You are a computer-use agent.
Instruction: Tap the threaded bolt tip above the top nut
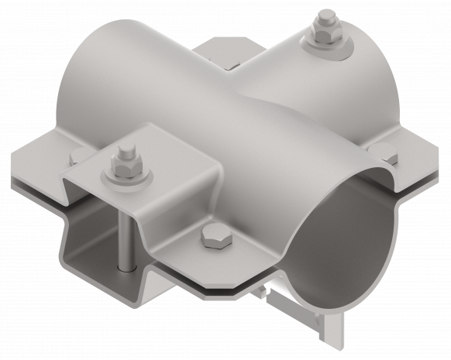click(321, 20)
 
